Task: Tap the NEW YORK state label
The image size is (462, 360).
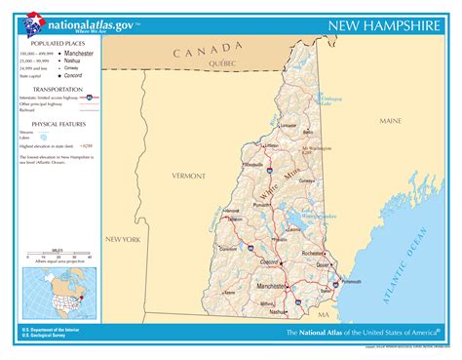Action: pyautogui.click(x=124, y=239)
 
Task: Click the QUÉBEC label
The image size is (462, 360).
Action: pyautogui.click(x=222, y=62)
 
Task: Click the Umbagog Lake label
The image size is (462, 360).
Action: pyautogui.click(x=331, y=101)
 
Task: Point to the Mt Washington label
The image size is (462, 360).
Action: pyautogui.click(x=318, y=149)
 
